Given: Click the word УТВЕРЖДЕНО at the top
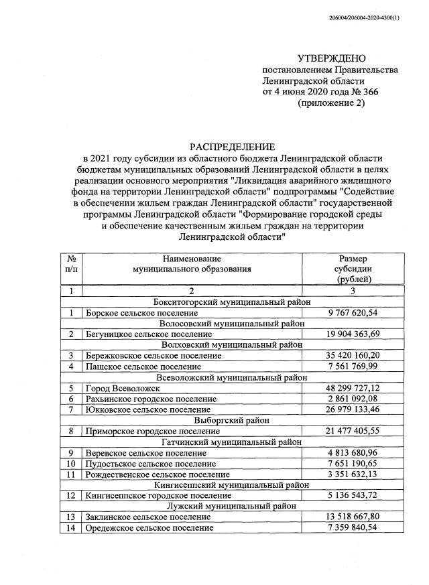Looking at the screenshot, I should [x=332, y=59].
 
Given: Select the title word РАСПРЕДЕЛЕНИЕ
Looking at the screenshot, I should [x=231, y=147].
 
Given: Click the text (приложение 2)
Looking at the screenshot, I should [x=331, y=104].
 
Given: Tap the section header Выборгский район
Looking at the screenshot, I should [x=231, y=419].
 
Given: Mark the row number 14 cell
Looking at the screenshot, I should [x=70, y=528].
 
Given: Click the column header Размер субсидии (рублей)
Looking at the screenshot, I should [x=353, y=269].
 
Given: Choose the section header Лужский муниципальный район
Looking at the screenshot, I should [x=231, y=506].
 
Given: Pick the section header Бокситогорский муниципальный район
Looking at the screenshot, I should [x=231, y=302].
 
